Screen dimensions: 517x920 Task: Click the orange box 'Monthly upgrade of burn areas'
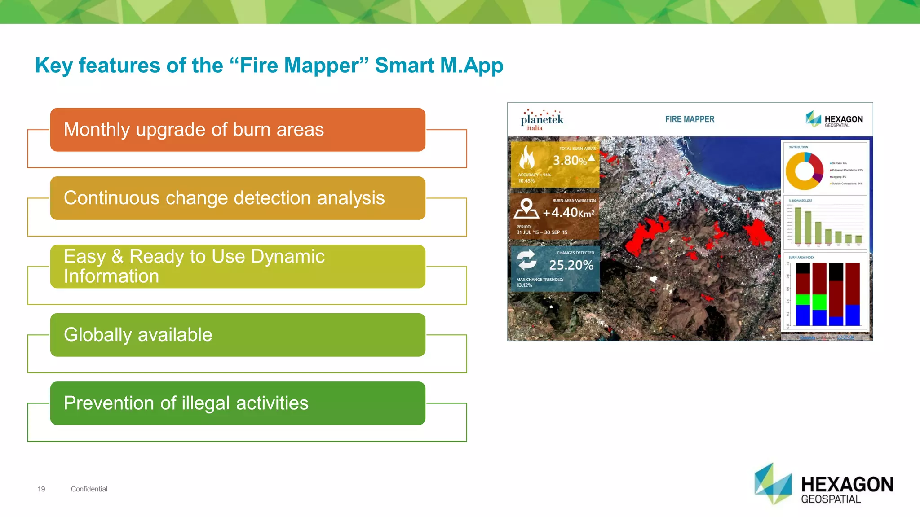point(238,130)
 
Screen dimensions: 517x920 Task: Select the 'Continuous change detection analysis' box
point(238,198)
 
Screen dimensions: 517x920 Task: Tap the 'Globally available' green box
point(238,335)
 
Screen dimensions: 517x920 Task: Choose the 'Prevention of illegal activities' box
point(238,403)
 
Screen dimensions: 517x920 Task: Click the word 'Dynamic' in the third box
point(287,257)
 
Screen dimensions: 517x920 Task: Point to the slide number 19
point(41,489)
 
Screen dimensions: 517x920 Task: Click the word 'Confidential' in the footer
point(89,489)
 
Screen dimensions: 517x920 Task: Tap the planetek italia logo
point(542,120)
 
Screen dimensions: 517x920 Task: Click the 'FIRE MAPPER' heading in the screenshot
point(690,119)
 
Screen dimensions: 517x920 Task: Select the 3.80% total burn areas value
point(570,161)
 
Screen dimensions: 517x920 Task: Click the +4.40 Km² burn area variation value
point(568,213)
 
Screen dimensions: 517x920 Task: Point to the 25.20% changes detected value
point(571,265)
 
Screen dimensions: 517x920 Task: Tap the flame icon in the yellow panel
point(527,158)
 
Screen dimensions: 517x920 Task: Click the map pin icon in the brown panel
point(526,209)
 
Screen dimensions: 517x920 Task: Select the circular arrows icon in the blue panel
point(526,260)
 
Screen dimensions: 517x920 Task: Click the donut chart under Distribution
point(805,171)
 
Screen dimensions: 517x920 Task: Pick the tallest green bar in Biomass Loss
point(798,225)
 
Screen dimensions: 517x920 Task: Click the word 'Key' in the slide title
point(54,66)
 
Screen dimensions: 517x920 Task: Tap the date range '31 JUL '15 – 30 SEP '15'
point(542,232)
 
